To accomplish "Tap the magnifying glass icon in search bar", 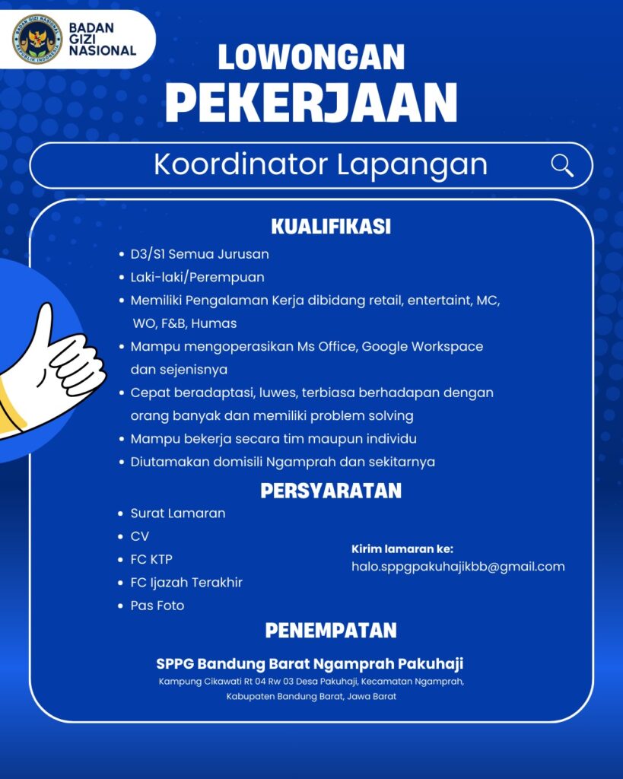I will (562, 165).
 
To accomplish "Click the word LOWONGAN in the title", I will (311, 58).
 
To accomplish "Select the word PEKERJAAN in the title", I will (311, 103).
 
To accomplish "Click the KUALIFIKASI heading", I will (331, 227).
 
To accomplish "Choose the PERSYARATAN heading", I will (331, 491).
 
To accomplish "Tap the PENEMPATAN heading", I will (331, 631).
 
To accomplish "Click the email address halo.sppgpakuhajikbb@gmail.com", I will (458, 567).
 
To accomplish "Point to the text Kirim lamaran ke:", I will (402, 548).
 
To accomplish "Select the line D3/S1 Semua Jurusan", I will (199, 254).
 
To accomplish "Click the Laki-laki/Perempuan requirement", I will (197, 277).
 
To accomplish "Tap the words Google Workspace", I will (422, 346).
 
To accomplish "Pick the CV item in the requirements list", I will (140, 536).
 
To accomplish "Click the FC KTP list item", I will (151, 560).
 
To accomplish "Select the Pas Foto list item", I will (157, 606).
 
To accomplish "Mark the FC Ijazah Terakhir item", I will (186, 583).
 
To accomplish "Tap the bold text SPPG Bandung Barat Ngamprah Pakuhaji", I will (310, 663).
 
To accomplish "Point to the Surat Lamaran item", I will (178, 514).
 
